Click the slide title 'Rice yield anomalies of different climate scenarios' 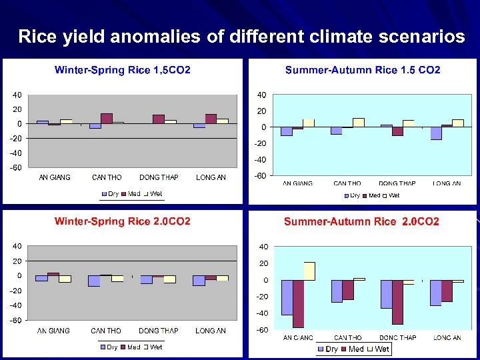pyautogui.click(x=241, y=36)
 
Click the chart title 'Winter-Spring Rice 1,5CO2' pyautogui.click(x=122, y=69)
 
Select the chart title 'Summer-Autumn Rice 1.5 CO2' pyautogui.click(x=363, y=70)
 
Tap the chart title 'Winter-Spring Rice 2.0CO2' pyautogui.click(x=122, y=221)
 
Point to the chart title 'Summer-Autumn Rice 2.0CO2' pyautogui.click(x=361, y=221)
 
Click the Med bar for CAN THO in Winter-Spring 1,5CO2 pyautogui.click(x=107, y=119)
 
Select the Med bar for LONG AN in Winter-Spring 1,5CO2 pyautogui.click(x=211, y=119)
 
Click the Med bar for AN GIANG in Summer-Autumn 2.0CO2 pyautogui.click(x=298, y=303)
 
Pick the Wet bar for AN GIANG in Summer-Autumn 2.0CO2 pyautogui.click(x=309, y=271)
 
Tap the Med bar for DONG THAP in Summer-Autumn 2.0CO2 pyautogui.click(x=397, y=301)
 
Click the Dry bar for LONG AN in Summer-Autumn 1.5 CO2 pyautogui.click(x=436, y=133)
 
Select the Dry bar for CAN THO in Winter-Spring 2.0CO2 pyautogui.click(x=94, y=281)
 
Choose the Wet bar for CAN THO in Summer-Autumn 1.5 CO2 pyautogui.click(x=359, y=122)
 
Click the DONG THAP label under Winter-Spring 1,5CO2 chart pyautogui.click(x=159, y=177)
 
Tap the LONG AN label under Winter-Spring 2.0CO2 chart pyautogui.click(x=211, y=331)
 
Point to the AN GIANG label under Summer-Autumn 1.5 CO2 pyautogui.click(x=297, y=183)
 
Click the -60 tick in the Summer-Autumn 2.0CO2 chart pyautogui.click(x=262, y=331)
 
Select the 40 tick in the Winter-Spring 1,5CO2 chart pyautogui.click(x=15, y=95)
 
